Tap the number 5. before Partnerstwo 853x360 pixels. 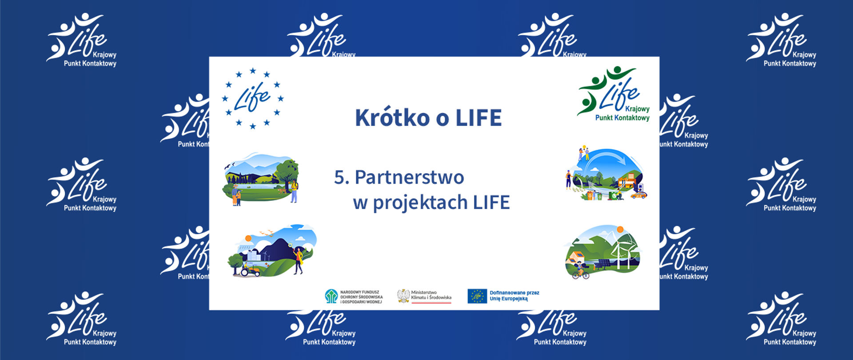pyautogui.click(x=341, y=178)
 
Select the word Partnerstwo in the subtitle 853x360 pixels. pyautogui.click(x=409, y=178)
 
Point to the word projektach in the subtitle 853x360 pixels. pyautogui.click(x=420, y=203)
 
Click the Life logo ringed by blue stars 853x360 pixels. pyautogui.click(x=252, y=98)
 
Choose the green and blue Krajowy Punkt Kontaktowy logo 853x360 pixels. pyautogui.click(x=614, y=94)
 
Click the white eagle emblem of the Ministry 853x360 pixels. pyautogui.click(x=403, y=296)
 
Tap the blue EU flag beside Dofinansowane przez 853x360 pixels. pyautogui.click(x=477, y=296)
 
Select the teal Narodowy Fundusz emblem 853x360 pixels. pyautogui.click(x=331, y=296)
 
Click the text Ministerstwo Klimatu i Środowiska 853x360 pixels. pyautogui.click(x=431, y=295)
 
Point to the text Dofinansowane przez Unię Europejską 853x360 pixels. pyautogui.click(x=514, y=296)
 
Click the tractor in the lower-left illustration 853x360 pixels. pyautogui.click(x=251, y=270)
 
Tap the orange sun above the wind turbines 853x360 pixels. pyautogui.click(x=620, y=229)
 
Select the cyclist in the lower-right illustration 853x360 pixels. pyautogui.click(x=580, y=271)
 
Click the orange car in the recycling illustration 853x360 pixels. pyautogui.click(x=638, y=195)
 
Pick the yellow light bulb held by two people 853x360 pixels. pyautogui.click(x=584, y=148)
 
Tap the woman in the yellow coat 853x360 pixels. pyautogui.click(x=299, y=260)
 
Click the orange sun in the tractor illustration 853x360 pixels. pyautogui.click(x=248, y=239)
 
